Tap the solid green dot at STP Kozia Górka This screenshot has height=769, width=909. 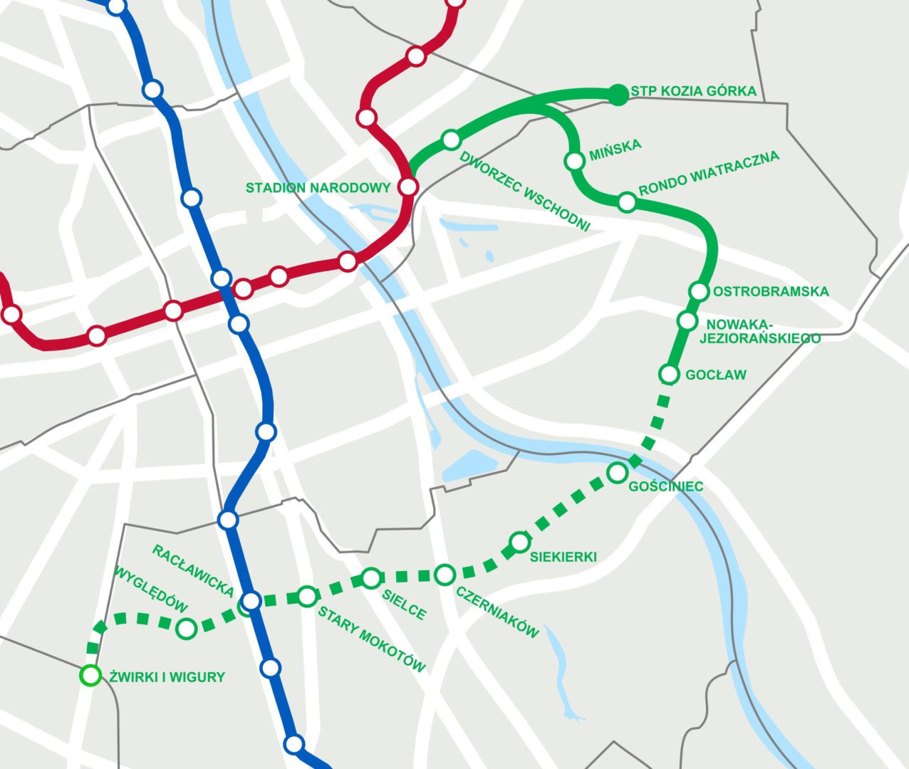tap(619, 94)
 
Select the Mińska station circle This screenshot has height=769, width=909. tap(574, 161)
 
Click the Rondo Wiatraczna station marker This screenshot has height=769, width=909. tap(626, 202)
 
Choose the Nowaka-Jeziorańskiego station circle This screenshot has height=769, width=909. tap(687, 320)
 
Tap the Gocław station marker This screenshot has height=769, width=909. tap(669, 373)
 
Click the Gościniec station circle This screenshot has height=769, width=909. tap(617, 472)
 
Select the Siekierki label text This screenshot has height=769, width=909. tap(563, 557)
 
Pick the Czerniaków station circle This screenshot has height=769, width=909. tap(445, 574)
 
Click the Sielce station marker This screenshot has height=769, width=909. tap(371, 578)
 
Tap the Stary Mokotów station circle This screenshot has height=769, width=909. tap(306, 596)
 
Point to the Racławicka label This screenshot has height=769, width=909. tap(193, 570)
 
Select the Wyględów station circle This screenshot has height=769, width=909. tap(186, 628)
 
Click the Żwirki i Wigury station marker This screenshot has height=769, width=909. tap(90, 675)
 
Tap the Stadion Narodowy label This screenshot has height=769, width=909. tap(318, 188)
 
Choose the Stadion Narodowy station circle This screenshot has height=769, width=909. tap(408, 187)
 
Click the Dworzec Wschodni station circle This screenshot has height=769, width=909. tap(451, 140)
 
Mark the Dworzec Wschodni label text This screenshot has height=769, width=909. tap(526, 191)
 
